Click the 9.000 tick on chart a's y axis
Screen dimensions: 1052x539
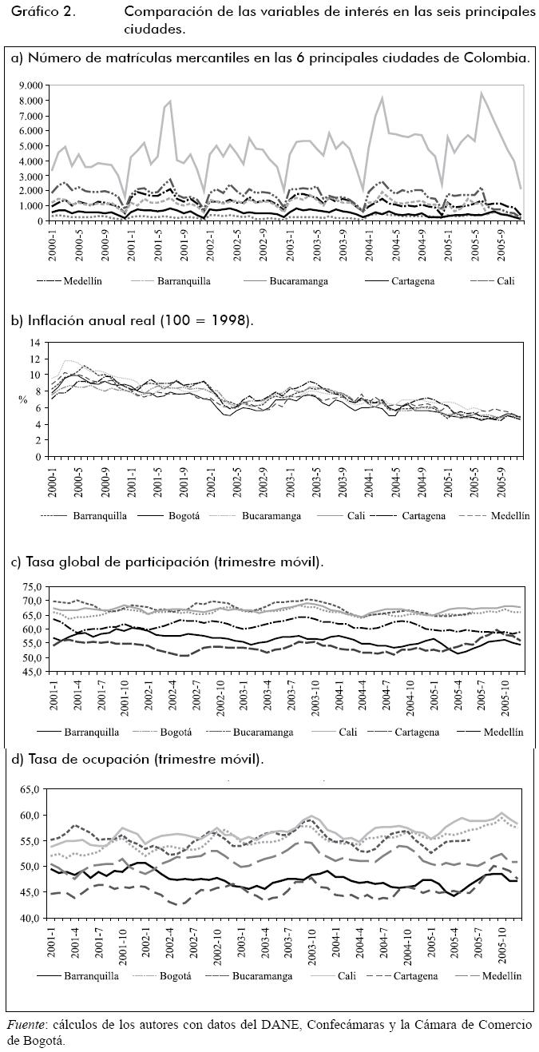[x=29, y=85]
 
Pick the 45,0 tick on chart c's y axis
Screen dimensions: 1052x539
[x=30, y=673]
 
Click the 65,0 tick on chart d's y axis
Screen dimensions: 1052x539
[x=30, y=788]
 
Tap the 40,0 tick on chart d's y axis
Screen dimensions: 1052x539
[x=30, y=918]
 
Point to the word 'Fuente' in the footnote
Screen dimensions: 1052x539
[x=26, y=1024]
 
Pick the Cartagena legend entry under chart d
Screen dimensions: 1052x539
[x=409, y=975]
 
